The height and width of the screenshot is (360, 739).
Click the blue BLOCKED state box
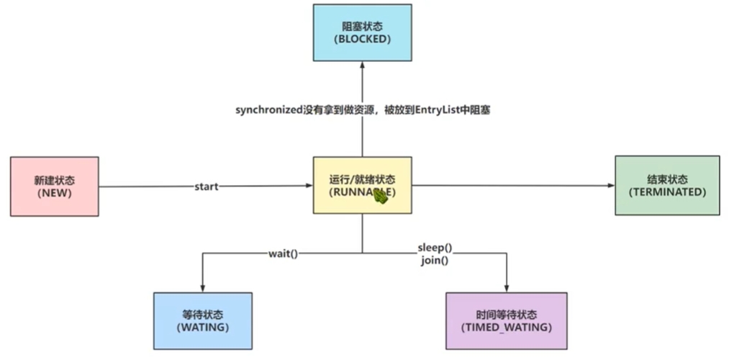coord(362,33)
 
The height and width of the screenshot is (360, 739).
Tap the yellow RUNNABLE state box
coord(362,185)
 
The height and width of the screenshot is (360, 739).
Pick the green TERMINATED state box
coord(667,185)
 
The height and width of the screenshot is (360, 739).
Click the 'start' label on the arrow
coord(207,186)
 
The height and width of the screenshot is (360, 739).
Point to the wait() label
coord(283,253)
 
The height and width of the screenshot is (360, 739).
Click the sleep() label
coord(435,248)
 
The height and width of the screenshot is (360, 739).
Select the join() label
coord(435,260)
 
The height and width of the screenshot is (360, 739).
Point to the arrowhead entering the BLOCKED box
coord(362,66)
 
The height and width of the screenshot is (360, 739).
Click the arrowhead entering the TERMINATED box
coord(610,186)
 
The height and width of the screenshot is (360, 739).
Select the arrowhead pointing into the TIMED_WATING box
coord(507,287)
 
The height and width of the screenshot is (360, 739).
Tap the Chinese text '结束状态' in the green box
coord(667,179)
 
